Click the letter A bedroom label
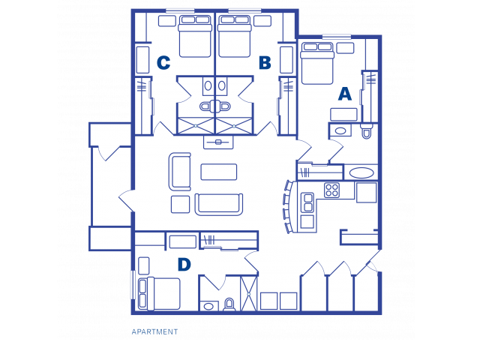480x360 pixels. tap(345, 94)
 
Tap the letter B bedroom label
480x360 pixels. tap(265, 62)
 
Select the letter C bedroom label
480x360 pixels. tap(163, 63)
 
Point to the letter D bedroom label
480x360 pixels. tap(184, 265)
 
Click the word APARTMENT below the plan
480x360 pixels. tap(154, 331)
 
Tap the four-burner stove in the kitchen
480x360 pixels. tap(331, 190)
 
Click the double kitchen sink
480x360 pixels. tap(307, 202)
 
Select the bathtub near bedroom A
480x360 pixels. tap(361, 172)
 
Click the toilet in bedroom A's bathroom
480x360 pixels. tap(367, 130)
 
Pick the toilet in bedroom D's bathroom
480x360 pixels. tap(229, 304)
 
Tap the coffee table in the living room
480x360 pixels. tap(218, 172)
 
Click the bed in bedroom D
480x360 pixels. tap(159, 293)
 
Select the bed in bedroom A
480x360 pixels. tap(317, 63)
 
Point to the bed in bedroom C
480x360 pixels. tap(195, 36)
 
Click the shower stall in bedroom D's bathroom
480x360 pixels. tap(248, 294)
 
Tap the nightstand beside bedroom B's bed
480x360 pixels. tap(262, 21)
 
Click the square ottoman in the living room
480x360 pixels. tap(180, 204)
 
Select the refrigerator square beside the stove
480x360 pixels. tap(366, 193)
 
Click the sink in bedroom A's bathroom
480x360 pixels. tap(340, 131)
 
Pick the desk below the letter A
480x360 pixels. tap(343, 114)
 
